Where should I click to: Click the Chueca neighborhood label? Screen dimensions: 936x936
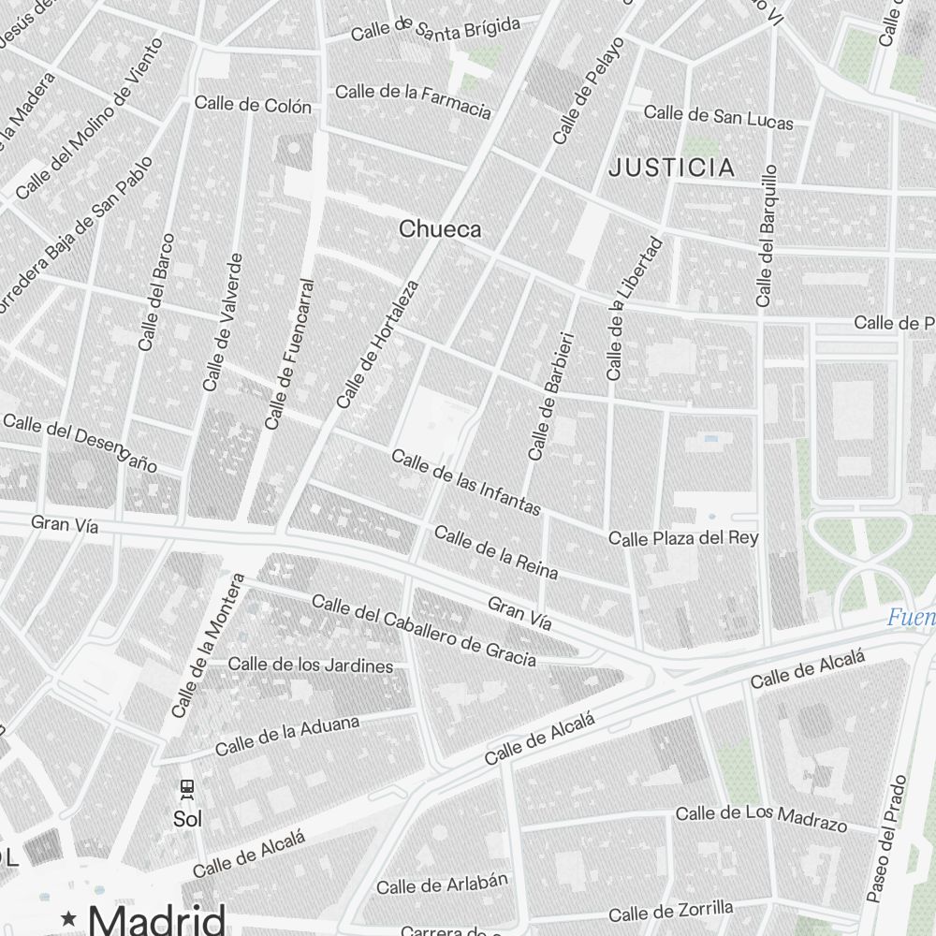click(440, 228)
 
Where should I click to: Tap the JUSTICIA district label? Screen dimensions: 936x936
click(671, 168)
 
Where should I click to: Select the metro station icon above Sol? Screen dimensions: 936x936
click(187, 789)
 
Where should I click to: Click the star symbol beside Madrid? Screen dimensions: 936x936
click(67, 918)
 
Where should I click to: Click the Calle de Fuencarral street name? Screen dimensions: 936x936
click(289, 354)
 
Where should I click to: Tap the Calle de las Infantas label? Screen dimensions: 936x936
click(466, 482)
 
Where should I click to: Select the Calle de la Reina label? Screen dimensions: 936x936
click(496, 552)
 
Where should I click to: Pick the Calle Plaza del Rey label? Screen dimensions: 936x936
click(683, 538)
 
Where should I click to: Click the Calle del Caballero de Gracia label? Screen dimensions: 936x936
click(424, 631)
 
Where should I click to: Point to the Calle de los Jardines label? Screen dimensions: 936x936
click(311, 665)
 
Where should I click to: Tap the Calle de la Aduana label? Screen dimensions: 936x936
click(287, 736)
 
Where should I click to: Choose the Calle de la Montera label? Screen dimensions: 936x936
click(209, 646)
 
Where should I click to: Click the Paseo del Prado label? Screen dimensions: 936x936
click(887, 839)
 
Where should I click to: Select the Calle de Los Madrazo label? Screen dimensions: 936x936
click(761, 817)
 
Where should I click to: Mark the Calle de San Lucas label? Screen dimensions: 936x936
click(718, 117)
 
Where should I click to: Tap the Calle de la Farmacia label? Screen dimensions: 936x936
click(413, 101)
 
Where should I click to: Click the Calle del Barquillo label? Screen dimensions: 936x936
click(767, 236)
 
